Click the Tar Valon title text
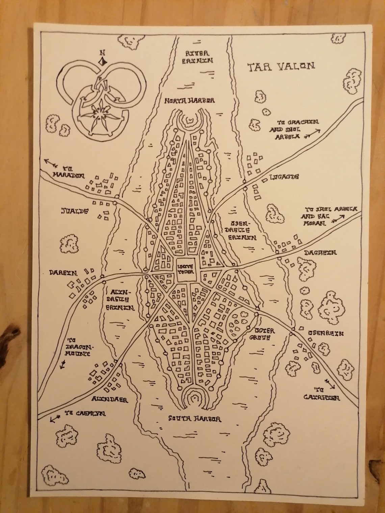pyautogui.click(x=281, y=66)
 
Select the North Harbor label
pyautogui.click(x=189, y=101)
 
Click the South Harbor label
pyautogui.click(x=195, y=419)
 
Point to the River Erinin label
pyautogui.click(x=198, y=57)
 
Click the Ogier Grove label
pyautogui.click(x=261, y=334)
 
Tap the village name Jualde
pyautogui.click(x=75, y=211)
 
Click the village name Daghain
pyautogui.click(x=320, y=252)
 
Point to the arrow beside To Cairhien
pyautogui.click(x=330, y=384)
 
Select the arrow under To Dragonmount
pyautogui.click(x=62, y=364)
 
